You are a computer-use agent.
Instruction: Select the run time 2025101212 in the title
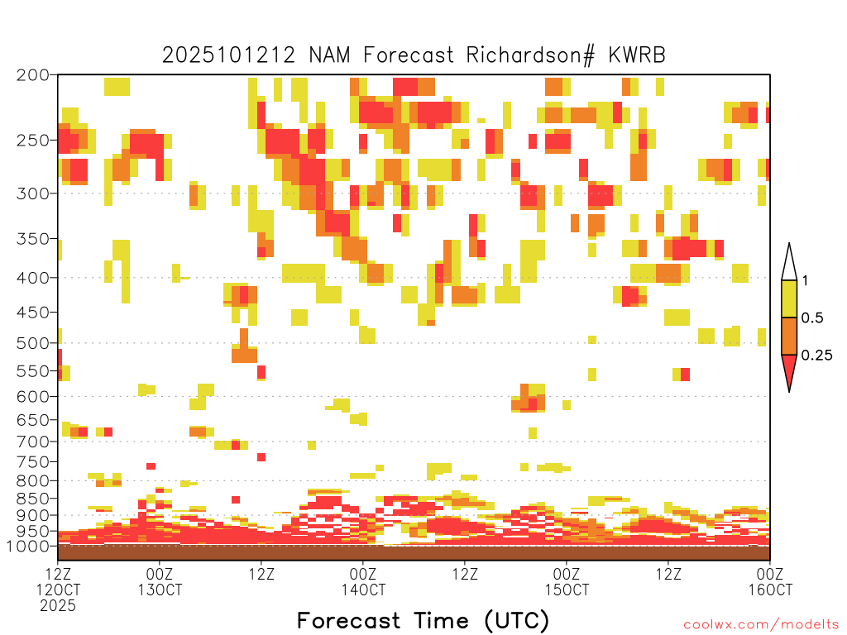click(229, 55)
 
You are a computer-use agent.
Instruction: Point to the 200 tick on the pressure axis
click(32, 75)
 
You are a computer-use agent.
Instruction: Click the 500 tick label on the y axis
click(32, 342)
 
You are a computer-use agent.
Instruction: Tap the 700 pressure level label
click(32, 442)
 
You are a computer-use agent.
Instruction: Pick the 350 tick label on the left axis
click(32, 239)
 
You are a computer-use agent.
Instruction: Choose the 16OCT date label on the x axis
click(770, 590)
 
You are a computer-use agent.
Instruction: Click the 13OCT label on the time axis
click(160, 590)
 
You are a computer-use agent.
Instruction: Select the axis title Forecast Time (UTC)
click(423, 620)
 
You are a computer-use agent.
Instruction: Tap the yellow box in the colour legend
click(789, 299)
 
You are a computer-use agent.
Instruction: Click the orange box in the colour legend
click(789, 337)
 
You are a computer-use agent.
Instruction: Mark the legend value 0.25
click(817, 356)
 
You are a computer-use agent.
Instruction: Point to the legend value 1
click(805, 281)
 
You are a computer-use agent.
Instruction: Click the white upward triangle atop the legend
click(789, 262)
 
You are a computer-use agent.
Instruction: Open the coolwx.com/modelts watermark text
click(761, 624)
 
